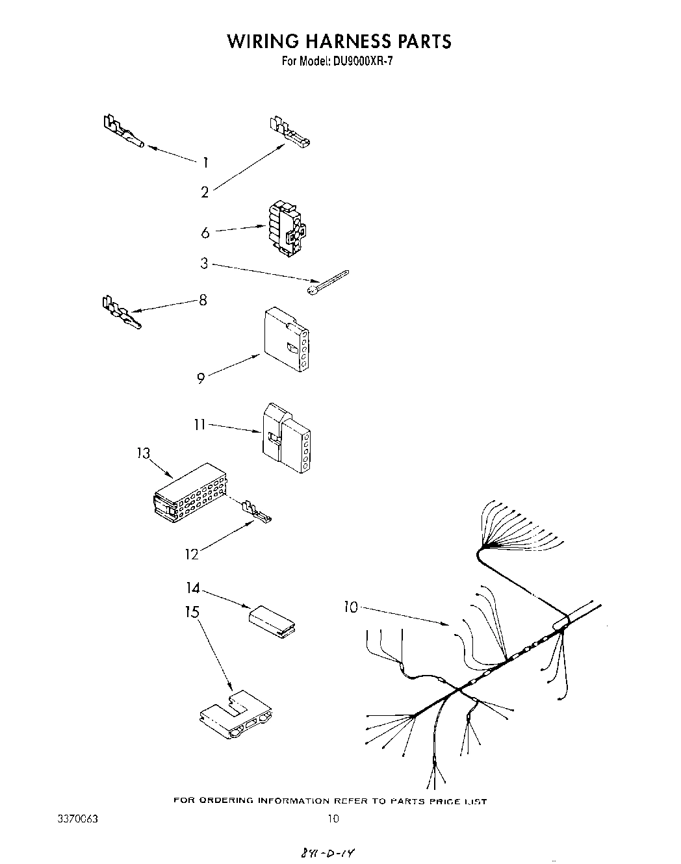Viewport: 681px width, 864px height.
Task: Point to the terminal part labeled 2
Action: pos(289,133)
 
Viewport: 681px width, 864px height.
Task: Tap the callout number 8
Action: pos(203,300)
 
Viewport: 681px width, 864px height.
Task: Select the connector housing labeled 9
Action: pos(286,340)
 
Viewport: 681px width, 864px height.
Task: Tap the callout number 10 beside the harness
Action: pos(351,607)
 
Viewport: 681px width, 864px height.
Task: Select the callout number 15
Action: pos(192,612)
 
